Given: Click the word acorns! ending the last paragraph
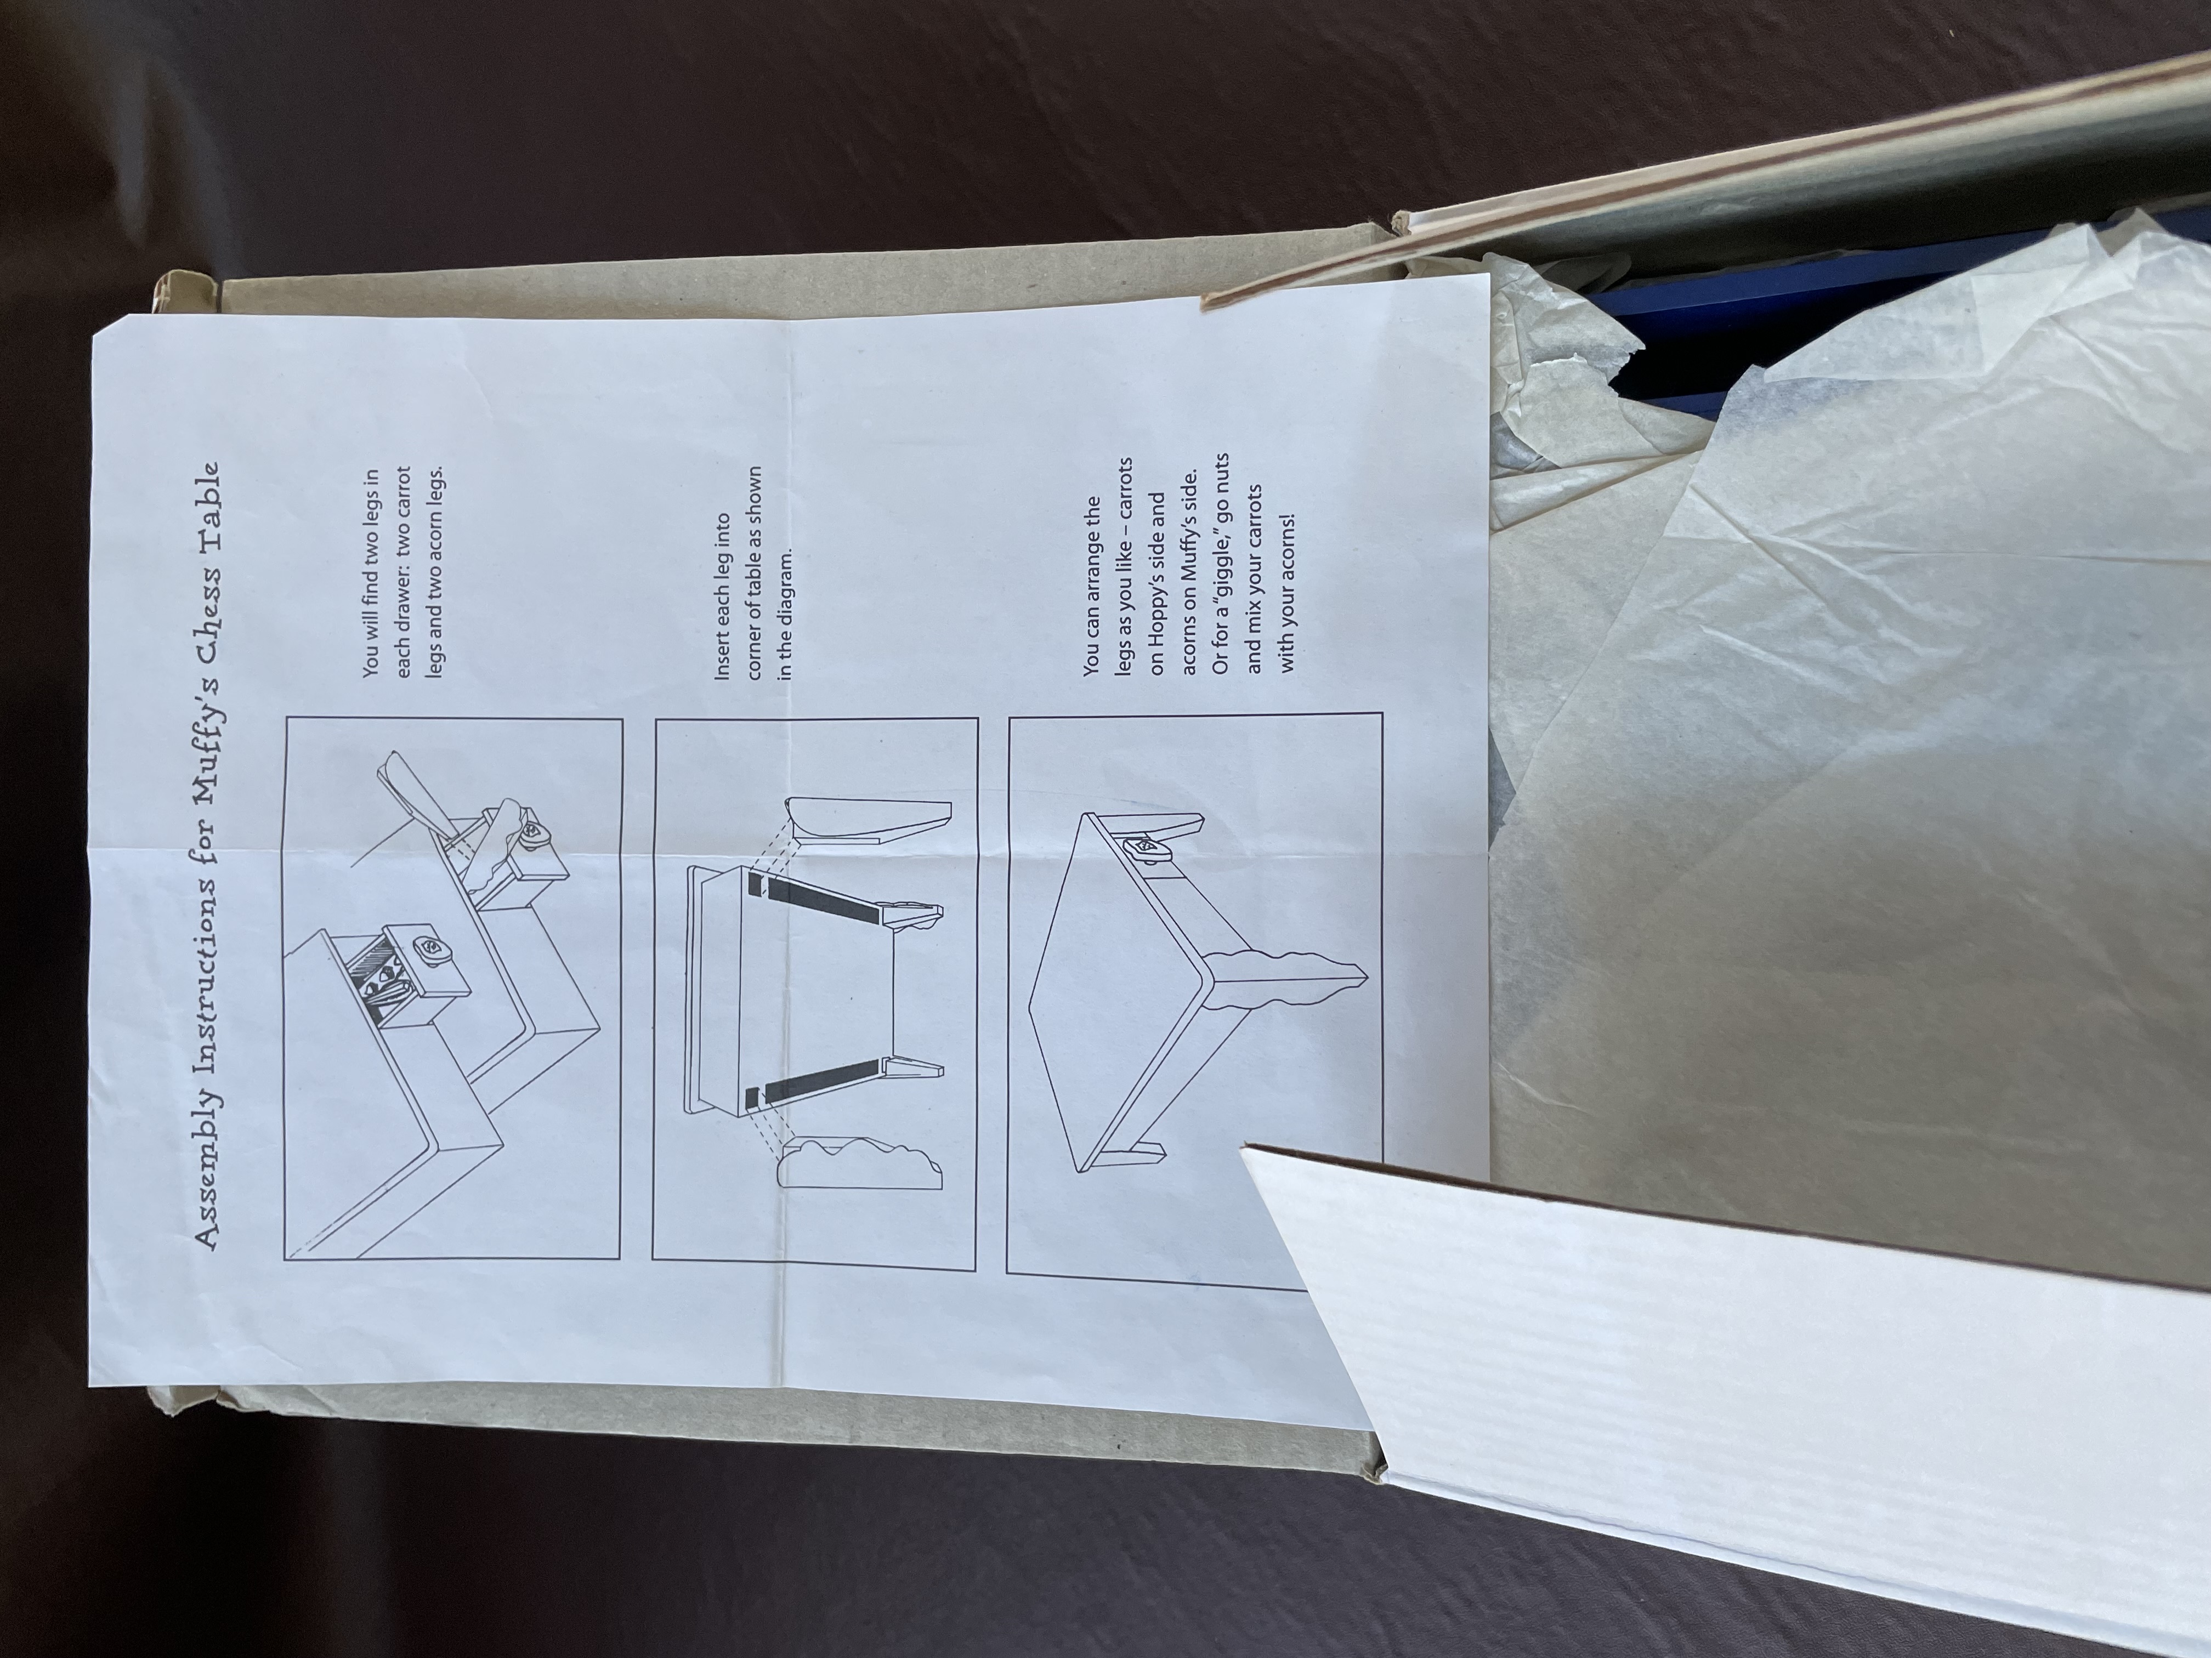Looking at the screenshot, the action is click(x=1286, y=550).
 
